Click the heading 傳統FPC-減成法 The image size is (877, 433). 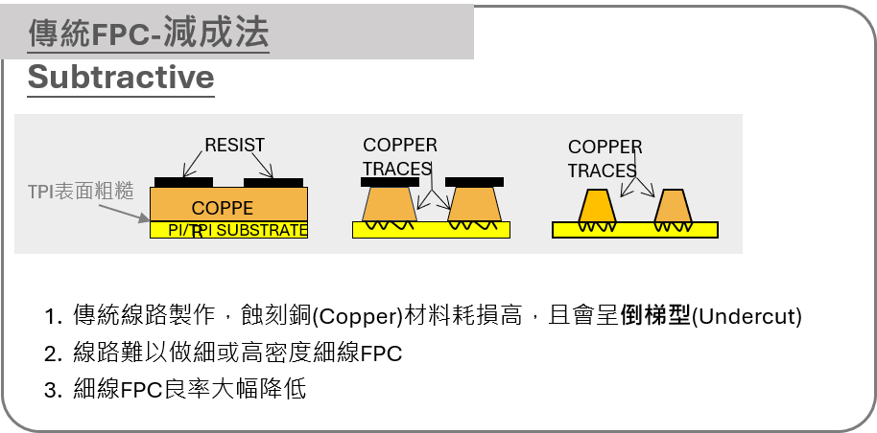click(149, 34)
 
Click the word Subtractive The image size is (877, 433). click(121, 78)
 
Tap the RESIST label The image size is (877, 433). click(234, 146)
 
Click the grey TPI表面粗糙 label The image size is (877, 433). click(81, 191)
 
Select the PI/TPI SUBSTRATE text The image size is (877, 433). click(237, 231)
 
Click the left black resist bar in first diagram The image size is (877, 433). click(183, 182)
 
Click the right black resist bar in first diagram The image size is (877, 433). click(273, 182)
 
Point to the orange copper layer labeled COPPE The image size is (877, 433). click(228, 204)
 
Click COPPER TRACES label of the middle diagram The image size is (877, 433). click(399, 157)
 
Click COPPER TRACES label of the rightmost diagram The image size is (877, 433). click(604, 159)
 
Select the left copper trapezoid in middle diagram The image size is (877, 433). click(389, 203)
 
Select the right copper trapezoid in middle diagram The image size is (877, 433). click(475, 203)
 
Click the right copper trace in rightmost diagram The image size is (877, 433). click(673, 207)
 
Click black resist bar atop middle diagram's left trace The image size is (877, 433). click(390, 182)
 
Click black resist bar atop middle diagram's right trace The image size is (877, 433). click(474, 182)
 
